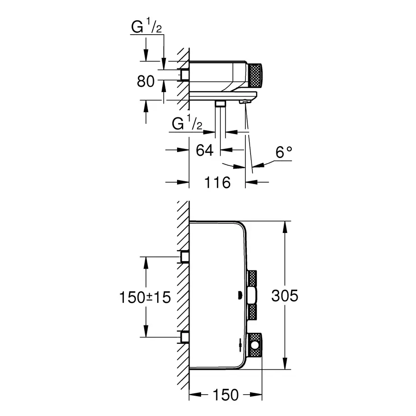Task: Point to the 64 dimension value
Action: tap(204, 150)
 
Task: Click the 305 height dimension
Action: tap(285, 296)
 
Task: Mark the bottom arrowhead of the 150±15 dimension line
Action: tap(146, 334)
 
